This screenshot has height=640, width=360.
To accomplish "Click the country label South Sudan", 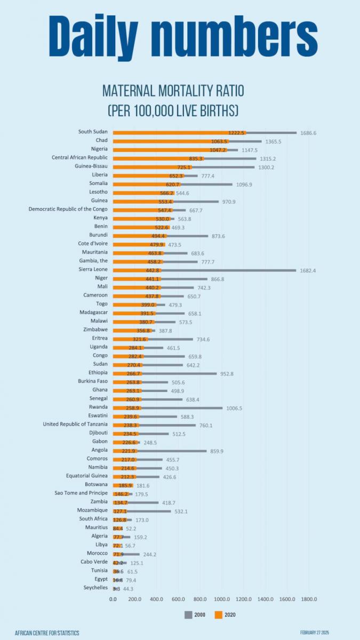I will click(93, 132).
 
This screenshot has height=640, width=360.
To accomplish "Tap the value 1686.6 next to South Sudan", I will click(308, 132).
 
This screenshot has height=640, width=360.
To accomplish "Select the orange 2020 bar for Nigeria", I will click(171, 150).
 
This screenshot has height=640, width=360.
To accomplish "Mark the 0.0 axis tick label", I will click(113, 599).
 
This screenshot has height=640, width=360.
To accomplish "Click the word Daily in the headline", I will click(109, 36).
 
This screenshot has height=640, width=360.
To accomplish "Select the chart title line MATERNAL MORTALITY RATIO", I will click(173, 91).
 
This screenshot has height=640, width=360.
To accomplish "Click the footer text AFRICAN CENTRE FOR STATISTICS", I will click(47, 633).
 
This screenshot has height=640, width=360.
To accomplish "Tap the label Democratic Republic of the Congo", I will click(68, 209).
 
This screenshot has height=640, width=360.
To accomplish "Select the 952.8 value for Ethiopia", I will click(228, 373).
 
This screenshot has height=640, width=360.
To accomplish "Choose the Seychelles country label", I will click(94, 587).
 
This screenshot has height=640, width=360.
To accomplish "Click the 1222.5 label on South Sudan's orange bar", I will click(236, 132).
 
